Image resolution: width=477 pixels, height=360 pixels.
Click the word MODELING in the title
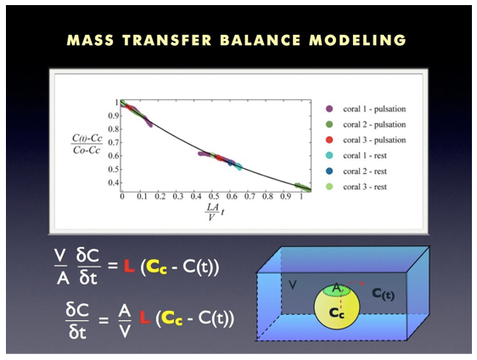point(358,40)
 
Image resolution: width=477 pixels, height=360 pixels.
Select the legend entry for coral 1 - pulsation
point(366,109)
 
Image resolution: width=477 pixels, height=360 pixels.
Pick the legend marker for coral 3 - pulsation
point(329,140)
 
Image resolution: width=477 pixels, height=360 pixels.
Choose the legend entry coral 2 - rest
point(356,172)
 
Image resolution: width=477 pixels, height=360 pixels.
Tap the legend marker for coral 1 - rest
point(329,155)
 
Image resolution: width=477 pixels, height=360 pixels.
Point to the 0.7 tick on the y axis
point(113,143)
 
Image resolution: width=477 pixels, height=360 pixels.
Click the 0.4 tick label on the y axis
point(113,183)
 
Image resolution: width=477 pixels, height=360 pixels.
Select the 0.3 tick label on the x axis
point(178,197)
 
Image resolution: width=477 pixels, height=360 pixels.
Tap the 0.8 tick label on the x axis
point(267,197)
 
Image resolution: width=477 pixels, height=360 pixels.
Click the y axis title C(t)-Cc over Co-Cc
point(87,143)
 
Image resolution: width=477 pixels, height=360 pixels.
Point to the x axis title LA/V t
point(215,211)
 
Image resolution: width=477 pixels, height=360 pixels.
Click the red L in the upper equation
point(129,266)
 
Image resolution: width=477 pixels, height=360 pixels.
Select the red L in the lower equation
point(145,318)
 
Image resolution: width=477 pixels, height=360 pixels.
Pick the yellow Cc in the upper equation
point(157,267)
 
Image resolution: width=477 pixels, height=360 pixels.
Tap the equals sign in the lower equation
point(104,320)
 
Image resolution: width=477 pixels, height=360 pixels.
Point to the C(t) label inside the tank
point(384,294)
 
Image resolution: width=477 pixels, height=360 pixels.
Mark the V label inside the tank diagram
point(292,285)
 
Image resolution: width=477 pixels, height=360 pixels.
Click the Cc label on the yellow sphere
point(336,312)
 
